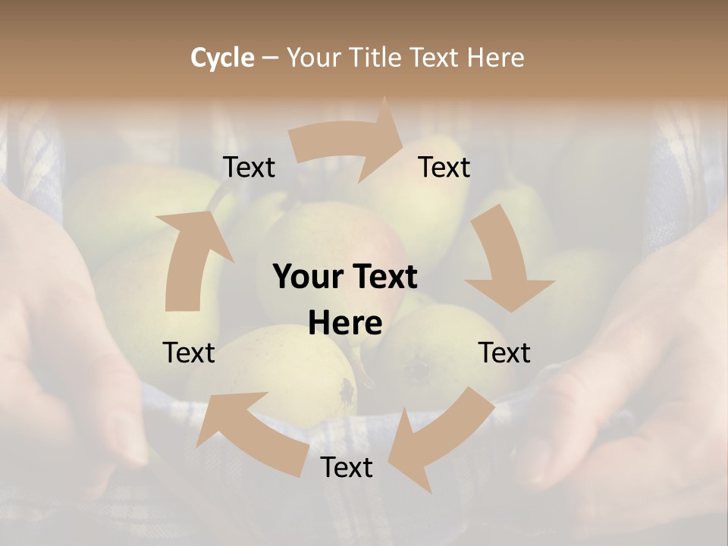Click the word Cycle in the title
[x=222, y=58]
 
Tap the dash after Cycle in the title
[x=270, y=58]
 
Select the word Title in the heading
[x=375, y=58]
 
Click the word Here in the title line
[x=497, y=58]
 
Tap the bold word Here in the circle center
[x=345, y=323]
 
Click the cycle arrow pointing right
[x=349, y=142]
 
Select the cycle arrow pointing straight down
[x=504, y=262]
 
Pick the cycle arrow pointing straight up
[x=190, y=258]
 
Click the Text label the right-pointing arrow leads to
[x=444, y=167]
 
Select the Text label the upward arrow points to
[x=249, y=167]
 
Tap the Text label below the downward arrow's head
[x=504, y=353]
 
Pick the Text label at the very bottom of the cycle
[x=347, y=467]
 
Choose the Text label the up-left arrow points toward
[x=189, y=353]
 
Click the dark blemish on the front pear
[x=347, y=391]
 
